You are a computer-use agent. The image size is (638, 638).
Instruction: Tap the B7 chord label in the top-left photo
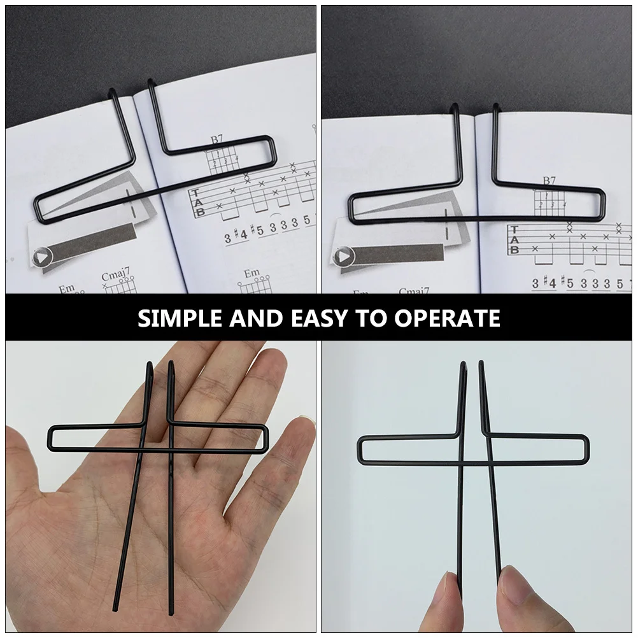point(217,139)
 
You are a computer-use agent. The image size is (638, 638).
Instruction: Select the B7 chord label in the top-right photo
point(549,181)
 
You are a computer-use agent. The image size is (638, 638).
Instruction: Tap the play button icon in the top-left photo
point(41,257)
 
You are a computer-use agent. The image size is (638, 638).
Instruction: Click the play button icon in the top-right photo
point(344,257)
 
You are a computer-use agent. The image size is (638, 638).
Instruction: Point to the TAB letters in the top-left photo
point(199,202)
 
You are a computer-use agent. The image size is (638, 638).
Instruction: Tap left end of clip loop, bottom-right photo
point(360,449)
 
